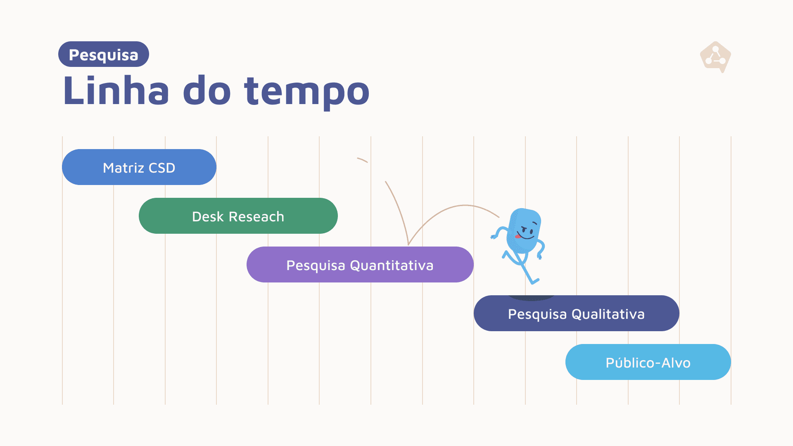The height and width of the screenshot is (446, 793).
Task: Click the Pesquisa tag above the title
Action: point(103,54)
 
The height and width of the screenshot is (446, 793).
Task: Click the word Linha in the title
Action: point(116,90)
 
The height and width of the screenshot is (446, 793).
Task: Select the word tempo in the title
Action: point(306,92)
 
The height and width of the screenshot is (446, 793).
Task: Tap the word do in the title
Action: point(207,90)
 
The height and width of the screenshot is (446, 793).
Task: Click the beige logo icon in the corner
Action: point(715,57)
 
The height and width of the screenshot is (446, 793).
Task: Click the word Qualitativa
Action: point(608,314)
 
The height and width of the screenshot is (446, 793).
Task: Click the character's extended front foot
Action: point(534,282)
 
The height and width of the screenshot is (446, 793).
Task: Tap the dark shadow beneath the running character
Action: point(531,297)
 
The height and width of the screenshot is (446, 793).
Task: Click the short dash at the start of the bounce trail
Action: point(362,160)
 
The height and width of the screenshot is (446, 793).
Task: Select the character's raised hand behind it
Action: point(493,236)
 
